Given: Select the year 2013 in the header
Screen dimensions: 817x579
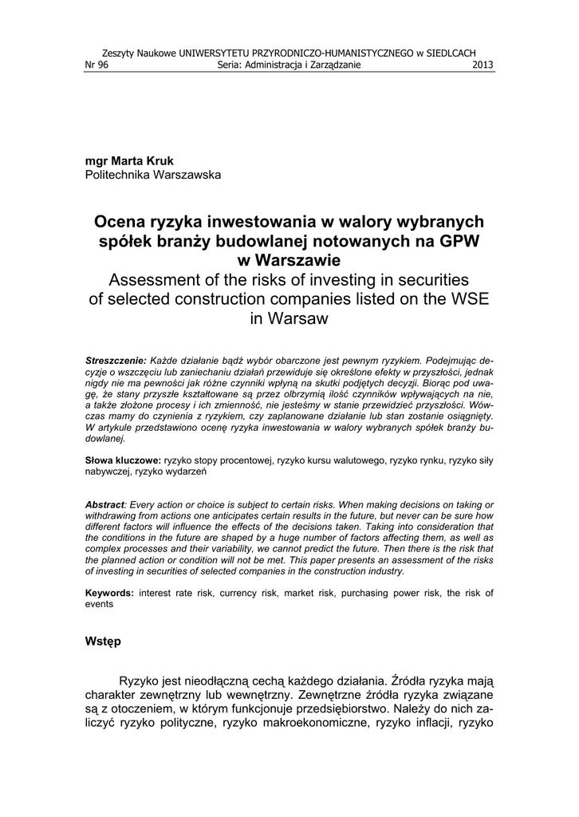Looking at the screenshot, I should [483, 65].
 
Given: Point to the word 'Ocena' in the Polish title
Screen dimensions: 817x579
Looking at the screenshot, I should [120, 221].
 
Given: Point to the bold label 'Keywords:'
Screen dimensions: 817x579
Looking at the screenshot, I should [110, 593].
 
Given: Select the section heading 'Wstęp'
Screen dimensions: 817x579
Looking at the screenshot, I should [104, 642].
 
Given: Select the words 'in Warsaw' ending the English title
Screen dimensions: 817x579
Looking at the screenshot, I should [289, 318].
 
